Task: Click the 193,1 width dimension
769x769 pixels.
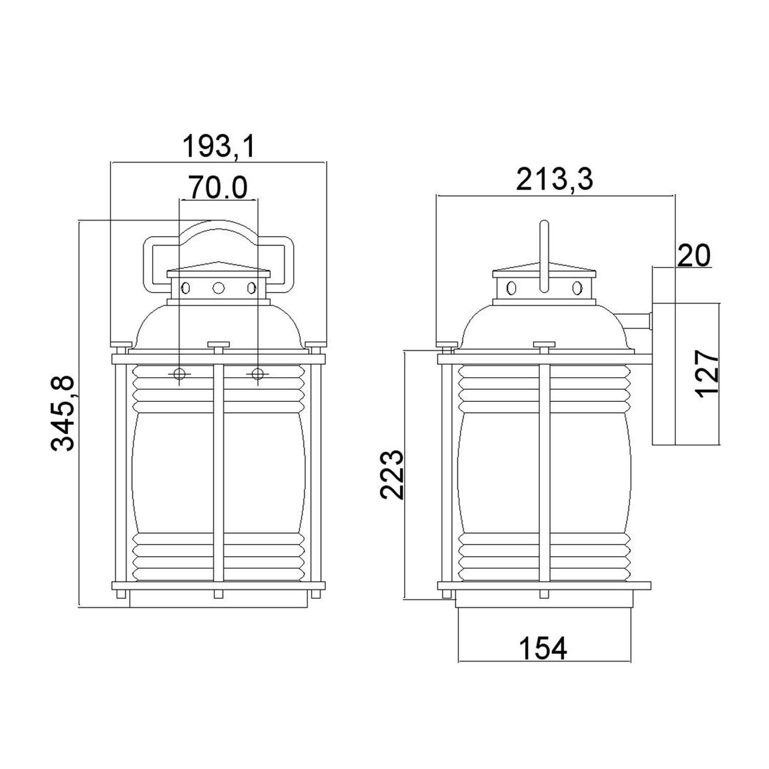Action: click(219, 147)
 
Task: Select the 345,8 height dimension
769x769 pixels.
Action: click(64, 413)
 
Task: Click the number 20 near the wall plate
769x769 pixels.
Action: click(693, 255)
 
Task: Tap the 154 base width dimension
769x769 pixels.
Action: click(543, 648)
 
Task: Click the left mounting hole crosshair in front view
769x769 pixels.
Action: click(179, 374)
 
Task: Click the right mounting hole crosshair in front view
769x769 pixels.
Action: click(257, 374)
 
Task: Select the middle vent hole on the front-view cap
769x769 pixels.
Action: click(218, 288)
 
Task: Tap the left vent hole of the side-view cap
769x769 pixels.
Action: click(511, 288)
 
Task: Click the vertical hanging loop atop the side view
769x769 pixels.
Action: click(544, 256)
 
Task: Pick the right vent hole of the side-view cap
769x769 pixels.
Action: click(577, 288)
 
